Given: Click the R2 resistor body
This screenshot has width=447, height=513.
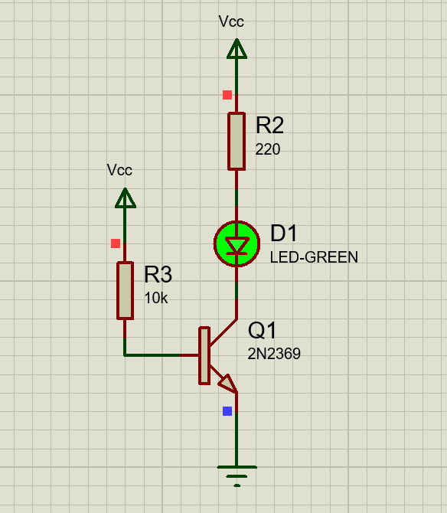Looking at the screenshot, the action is (237, 142).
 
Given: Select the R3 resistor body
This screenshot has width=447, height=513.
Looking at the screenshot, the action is (125, 290).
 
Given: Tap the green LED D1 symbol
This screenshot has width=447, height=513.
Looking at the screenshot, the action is (237, 243).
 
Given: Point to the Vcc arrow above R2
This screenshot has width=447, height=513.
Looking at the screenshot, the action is (237, 49).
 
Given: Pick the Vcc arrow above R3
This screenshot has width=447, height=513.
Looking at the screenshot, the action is (126, 198).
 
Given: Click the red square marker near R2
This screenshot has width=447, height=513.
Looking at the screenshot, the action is (227, 95).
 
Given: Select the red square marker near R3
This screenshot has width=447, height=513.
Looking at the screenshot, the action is (116, 243).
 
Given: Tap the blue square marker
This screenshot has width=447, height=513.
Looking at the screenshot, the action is (227, 411).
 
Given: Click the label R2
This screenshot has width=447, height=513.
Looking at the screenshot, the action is (269, 125).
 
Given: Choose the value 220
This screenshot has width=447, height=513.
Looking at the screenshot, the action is (267, 149).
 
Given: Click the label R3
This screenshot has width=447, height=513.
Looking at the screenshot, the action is (158, 274).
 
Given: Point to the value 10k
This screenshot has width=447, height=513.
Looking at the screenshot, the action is (156, 298).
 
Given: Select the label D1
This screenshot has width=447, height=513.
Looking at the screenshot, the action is (283, 233).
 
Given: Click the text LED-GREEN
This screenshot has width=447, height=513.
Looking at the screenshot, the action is (314, 257).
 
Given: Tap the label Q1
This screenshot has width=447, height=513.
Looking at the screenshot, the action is (263, 330).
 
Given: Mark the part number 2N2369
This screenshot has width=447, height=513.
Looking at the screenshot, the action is (274, 354).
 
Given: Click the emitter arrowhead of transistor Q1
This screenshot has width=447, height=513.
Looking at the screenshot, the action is (228, 384).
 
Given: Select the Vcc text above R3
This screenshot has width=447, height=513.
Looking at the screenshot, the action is (119, 170).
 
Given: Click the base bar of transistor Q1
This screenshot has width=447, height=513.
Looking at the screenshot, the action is (204, 355).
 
